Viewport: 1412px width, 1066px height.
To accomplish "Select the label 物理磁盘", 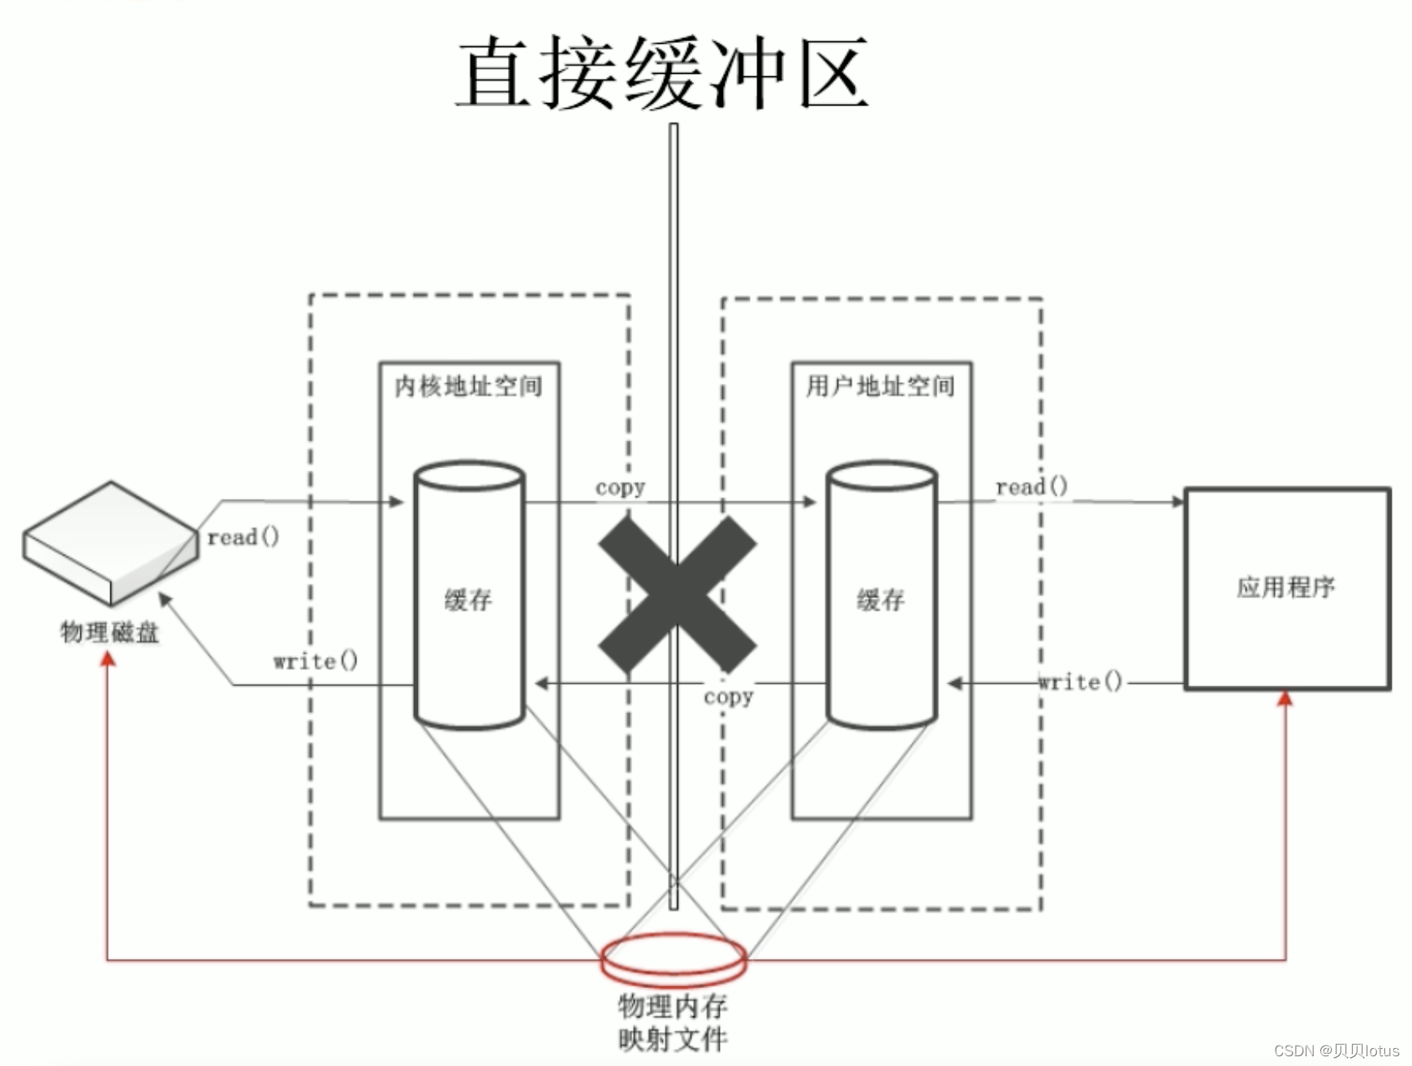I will click(110, 632).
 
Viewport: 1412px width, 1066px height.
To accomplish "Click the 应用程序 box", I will click(1287, 588).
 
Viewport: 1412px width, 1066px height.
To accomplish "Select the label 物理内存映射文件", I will click(673, 1022).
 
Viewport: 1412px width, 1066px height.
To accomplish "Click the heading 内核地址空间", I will click(469, 386).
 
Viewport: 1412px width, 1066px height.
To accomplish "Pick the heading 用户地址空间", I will click(880, 386).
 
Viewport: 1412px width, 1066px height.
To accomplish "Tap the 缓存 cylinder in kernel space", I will click(469, 596).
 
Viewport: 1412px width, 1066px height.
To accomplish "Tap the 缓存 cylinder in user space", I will click(881, 596).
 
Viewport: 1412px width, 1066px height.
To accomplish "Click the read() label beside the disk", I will click(243, 537).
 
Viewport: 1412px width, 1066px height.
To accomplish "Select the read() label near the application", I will click(1031, 487).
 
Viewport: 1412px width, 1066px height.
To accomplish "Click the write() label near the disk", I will click(315, 661).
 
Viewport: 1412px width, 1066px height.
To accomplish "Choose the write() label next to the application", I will click(1080, 681).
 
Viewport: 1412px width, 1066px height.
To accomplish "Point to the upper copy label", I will click(620, 488).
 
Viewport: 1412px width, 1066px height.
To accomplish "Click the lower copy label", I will click(728, 696).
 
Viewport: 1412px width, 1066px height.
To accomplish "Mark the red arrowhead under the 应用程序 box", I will click(1285, 698).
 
